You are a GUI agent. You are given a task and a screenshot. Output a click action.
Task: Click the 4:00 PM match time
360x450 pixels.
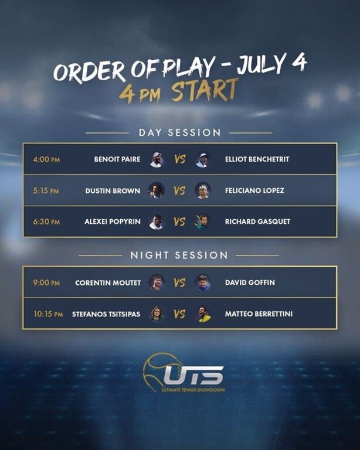click(x=46, y=159)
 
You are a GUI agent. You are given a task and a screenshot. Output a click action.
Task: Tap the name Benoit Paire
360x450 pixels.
click(x=117, y=159)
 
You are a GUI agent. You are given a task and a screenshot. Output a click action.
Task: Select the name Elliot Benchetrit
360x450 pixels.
click(x=257, y=159)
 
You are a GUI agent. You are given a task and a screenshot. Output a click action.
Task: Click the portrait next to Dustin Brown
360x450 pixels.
click(x=156, y=190)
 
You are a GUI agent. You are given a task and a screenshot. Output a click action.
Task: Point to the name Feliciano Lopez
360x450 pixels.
click(x=254, y=190)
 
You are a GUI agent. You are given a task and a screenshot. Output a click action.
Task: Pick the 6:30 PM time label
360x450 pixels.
click(x=46, y=222)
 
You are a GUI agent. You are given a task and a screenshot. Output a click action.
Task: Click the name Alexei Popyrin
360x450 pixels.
click(x=113, y=222)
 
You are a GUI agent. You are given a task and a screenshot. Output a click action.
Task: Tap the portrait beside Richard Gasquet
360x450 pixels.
click(x=202, y=222)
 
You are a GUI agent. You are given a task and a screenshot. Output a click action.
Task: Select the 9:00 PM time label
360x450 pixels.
click(x=46, y=282)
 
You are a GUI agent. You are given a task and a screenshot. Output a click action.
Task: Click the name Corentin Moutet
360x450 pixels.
click(x=108, y=282)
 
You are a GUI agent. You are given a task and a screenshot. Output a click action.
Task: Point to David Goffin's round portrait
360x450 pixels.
click(x=202, y=282)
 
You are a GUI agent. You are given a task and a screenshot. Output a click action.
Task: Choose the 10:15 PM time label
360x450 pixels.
click(x=48, y=314)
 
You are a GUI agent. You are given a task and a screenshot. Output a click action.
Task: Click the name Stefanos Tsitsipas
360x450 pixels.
click(x=106, y=314)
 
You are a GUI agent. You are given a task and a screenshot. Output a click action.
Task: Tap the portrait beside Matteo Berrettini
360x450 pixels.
click(x=202, y=313)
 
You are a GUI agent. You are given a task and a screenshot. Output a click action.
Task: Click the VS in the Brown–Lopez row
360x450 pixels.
click(x=179, y=190)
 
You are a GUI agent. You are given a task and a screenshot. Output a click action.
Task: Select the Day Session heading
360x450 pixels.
click(x=180, y=132)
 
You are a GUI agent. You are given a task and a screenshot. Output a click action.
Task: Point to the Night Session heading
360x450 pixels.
click(x=179, y=255)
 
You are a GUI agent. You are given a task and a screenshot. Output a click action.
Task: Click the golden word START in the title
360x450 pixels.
click(x=205, y=90)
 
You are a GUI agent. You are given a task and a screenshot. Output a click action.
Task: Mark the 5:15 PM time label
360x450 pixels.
click(x=46, y=190)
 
